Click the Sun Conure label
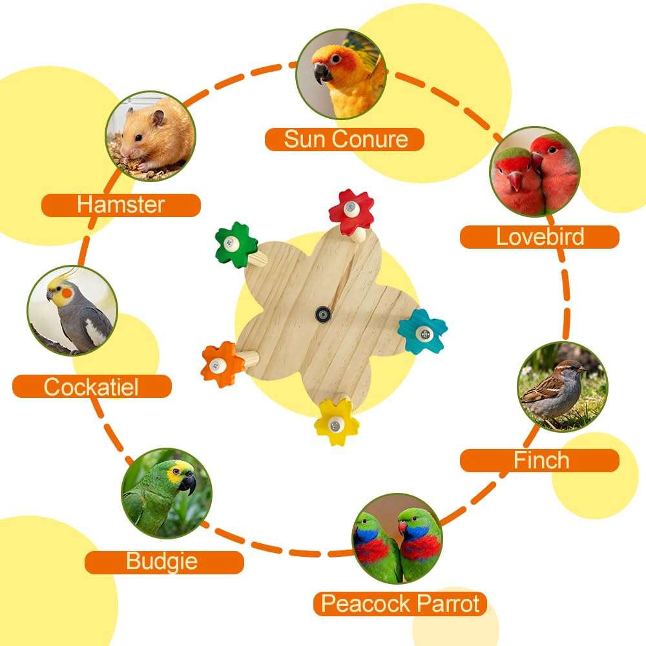(x=344, y=140)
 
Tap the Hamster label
(x=121, y=205)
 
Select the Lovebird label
(x=539, y=237)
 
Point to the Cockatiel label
(x=92, y=386)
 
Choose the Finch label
(x=539, y=460)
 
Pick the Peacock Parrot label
(x=400, y=604)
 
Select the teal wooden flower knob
(x=422, y=331)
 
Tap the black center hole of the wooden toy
(x=323, y=315)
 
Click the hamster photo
(x=151, y=136)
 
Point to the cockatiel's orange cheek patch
(x=67, y=294)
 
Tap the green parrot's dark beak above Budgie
(x=188, y=483)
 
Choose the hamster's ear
(x=157, y=118)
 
